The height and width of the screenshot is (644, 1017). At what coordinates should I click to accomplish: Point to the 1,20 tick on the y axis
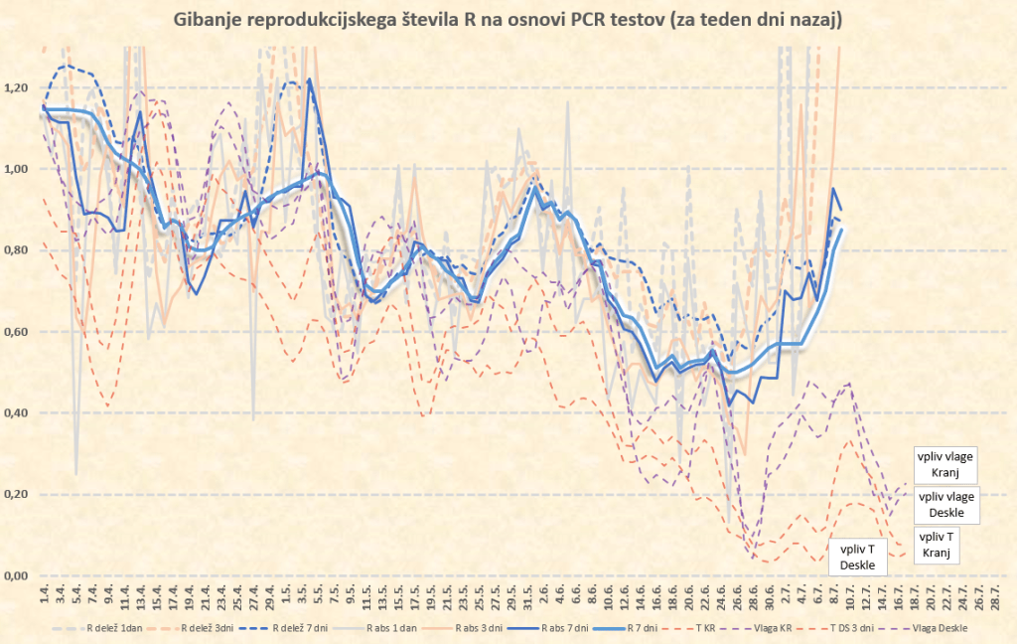point(16,88)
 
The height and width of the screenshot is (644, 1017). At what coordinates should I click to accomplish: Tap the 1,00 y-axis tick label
point(16,170)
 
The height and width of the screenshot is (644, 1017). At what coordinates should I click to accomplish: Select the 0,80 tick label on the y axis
point(16,251)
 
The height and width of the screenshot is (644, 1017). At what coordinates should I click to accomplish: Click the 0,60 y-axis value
point(16,332)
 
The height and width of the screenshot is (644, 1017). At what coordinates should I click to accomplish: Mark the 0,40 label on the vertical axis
point(16,413)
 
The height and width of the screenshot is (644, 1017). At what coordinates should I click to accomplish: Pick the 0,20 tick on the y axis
point(16,495)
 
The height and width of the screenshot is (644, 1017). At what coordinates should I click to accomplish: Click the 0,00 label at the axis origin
point(16,575)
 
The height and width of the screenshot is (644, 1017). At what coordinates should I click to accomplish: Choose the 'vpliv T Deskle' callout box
point(857,557)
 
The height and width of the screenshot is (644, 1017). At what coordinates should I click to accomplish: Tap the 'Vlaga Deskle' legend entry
point(934,627)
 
